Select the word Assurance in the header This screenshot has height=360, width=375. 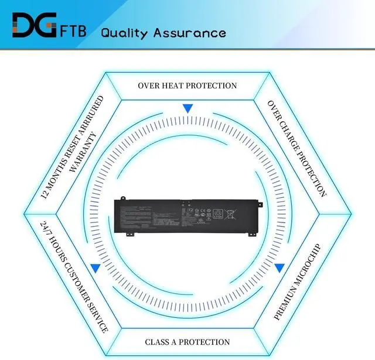click(189, 33)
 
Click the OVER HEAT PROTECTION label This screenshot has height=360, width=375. click(187, 85)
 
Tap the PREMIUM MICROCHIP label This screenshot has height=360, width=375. click(298, 282)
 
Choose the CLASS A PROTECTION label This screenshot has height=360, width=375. click(187, 342)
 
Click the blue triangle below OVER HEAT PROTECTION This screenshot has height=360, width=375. click(187, 109)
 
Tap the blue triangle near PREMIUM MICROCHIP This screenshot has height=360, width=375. click(279, 268)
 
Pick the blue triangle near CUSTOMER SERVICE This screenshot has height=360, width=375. click(95, 268)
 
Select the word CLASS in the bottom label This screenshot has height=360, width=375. click(158, 342)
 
